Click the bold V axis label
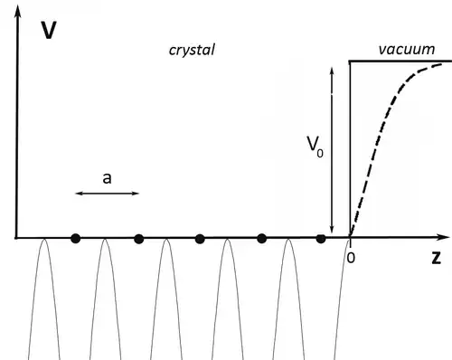pos(49,30)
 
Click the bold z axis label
pos(436,258)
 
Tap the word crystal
pos(192,50)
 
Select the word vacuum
pos(407,49)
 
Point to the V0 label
pos(315,147)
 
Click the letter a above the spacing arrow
pos(107,178)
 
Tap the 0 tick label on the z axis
pos(351,258)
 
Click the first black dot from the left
pos(75,239)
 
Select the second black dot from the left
pos(138,239)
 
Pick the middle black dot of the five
pos(200,239)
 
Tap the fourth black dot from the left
pos(262,239)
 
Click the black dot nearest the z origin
pos(321,239)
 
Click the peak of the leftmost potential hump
pos(44,239)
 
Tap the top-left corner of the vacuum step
pos(350,62)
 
